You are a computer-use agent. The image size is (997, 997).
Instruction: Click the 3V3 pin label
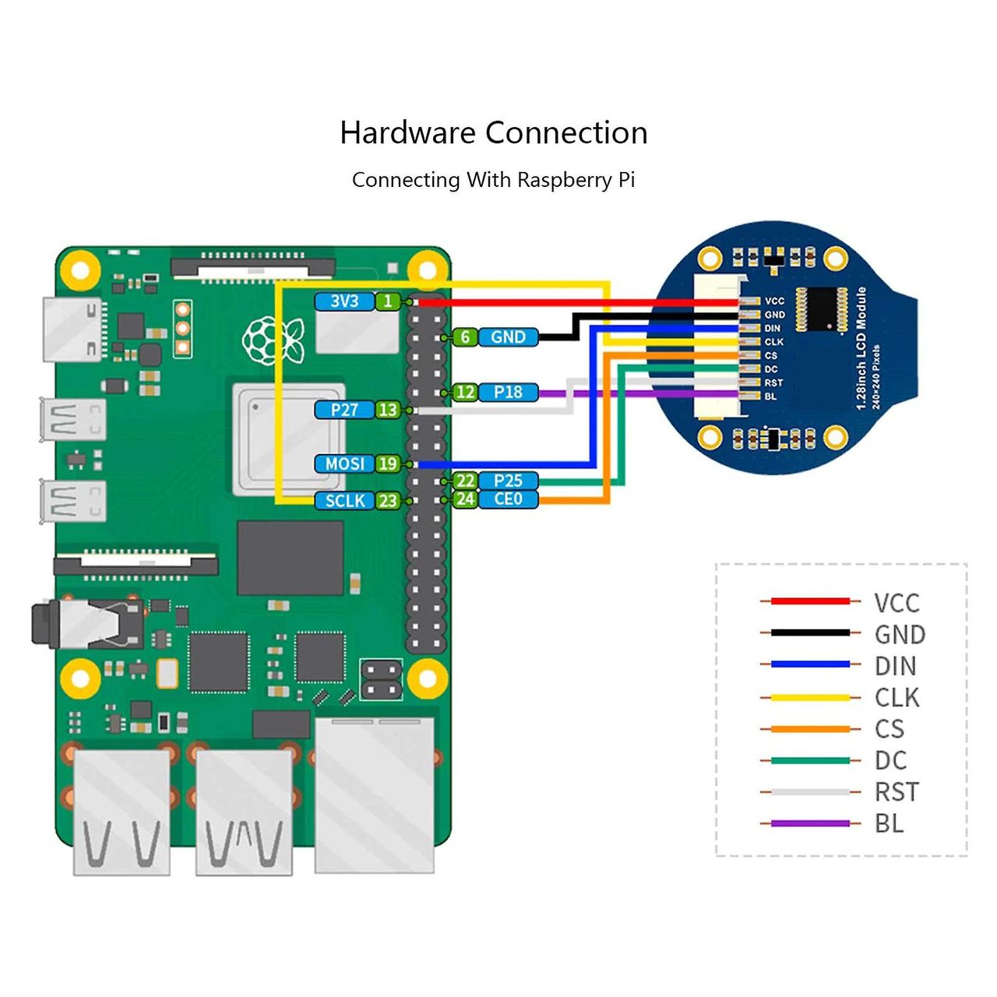click(344, 301)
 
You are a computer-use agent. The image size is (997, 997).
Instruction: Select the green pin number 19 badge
click(388, 464)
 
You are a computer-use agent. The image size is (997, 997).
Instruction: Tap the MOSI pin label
click(344, 464)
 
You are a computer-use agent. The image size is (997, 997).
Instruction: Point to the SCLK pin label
click(344, 501)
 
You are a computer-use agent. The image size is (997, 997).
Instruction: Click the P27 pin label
click(344, 410)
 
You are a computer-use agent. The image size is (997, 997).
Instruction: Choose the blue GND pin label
click(508, 337)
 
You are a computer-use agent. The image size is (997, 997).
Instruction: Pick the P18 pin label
click(508, 393)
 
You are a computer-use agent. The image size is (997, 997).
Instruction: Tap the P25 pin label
click(508, 481)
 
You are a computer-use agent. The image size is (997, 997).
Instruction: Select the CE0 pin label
click(508, 499)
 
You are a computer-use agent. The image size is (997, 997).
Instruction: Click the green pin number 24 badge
click(465, 499)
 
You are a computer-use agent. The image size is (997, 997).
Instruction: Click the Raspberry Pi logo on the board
click(272, 340)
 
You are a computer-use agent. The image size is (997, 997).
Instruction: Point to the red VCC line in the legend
click(810, 601)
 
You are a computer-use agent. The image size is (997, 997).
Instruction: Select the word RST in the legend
click(897, 792)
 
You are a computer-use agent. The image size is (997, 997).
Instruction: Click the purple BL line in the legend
click(810, 823)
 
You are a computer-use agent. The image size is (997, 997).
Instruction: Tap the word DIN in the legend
click(895, 667)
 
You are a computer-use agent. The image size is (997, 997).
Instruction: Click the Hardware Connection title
click(494, 133)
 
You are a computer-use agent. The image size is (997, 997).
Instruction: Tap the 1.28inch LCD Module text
click(861, 347)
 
